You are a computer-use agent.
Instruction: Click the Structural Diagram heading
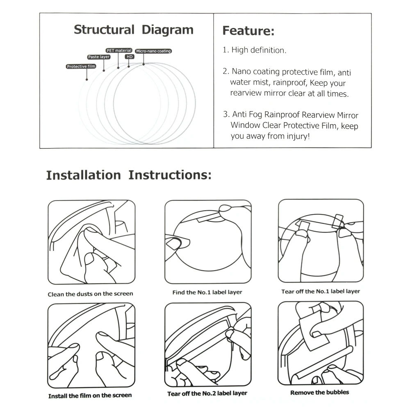point(133,30)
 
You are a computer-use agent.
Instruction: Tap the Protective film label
point(81,66)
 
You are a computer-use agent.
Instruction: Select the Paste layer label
point(99,57)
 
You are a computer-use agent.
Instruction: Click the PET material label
point(119,50)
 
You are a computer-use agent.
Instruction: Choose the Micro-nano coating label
point(153,51)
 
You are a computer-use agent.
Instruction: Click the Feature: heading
point(248,31)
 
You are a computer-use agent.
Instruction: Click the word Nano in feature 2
point(241,72)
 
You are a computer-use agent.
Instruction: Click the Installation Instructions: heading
point(129,175)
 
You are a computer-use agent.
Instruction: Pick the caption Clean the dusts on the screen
point(90,294)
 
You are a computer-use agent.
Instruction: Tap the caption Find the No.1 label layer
point(207,292)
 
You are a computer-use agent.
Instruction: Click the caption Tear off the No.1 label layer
point(320,292)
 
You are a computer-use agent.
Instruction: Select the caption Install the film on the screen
point(90,396)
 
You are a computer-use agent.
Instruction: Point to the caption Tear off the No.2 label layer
point(207,394)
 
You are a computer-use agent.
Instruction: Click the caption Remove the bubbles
point(320,392)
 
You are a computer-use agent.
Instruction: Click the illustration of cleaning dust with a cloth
point(91,242)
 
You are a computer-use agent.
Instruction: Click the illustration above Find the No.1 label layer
point(208,241)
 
